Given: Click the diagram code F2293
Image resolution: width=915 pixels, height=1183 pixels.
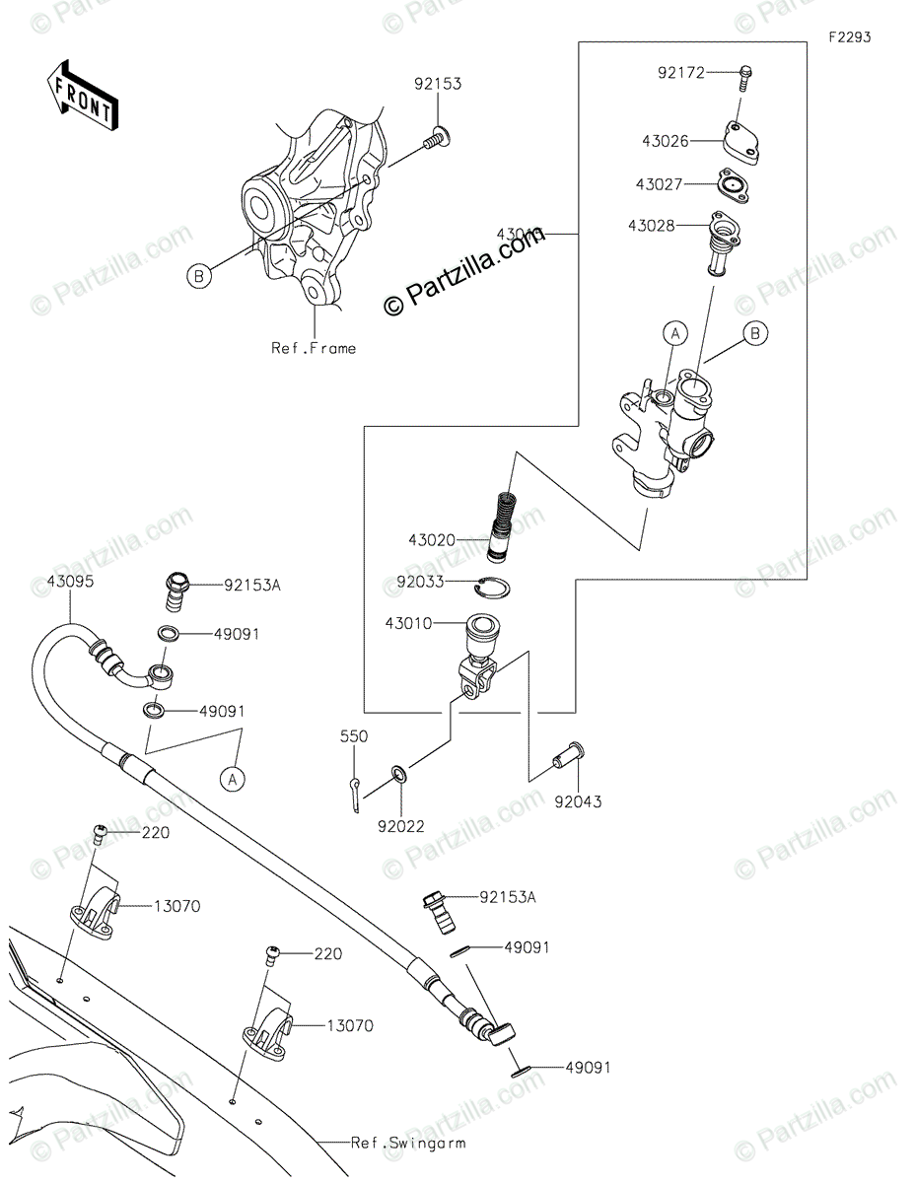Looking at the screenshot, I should tap(849, 37).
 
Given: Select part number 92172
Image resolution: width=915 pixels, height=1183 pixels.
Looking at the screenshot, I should tap(681, 72).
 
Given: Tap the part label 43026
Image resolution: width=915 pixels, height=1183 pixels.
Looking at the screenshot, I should tap(666, 142).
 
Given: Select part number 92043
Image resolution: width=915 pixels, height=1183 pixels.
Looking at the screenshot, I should tap(578, 801).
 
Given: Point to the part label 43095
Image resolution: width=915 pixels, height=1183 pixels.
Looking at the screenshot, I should tap(70, 582).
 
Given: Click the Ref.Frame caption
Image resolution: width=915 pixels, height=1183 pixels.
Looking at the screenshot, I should tap(314, 348).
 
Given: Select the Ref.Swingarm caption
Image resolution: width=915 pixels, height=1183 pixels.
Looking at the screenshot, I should tap(408, 1144).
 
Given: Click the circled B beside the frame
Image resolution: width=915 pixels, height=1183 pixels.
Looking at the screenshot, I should tap(199, 278).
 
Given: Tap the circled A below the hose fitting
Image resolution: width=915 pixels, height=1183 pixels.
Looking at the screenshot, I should tap(233, 780).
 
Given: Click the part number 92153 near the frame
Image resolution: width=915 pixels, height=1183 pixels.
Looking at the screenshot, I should tap(438, 85).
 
